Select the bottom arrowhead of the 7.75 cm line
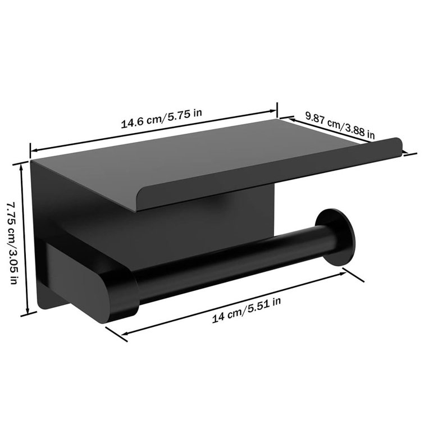coord(26,316)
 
